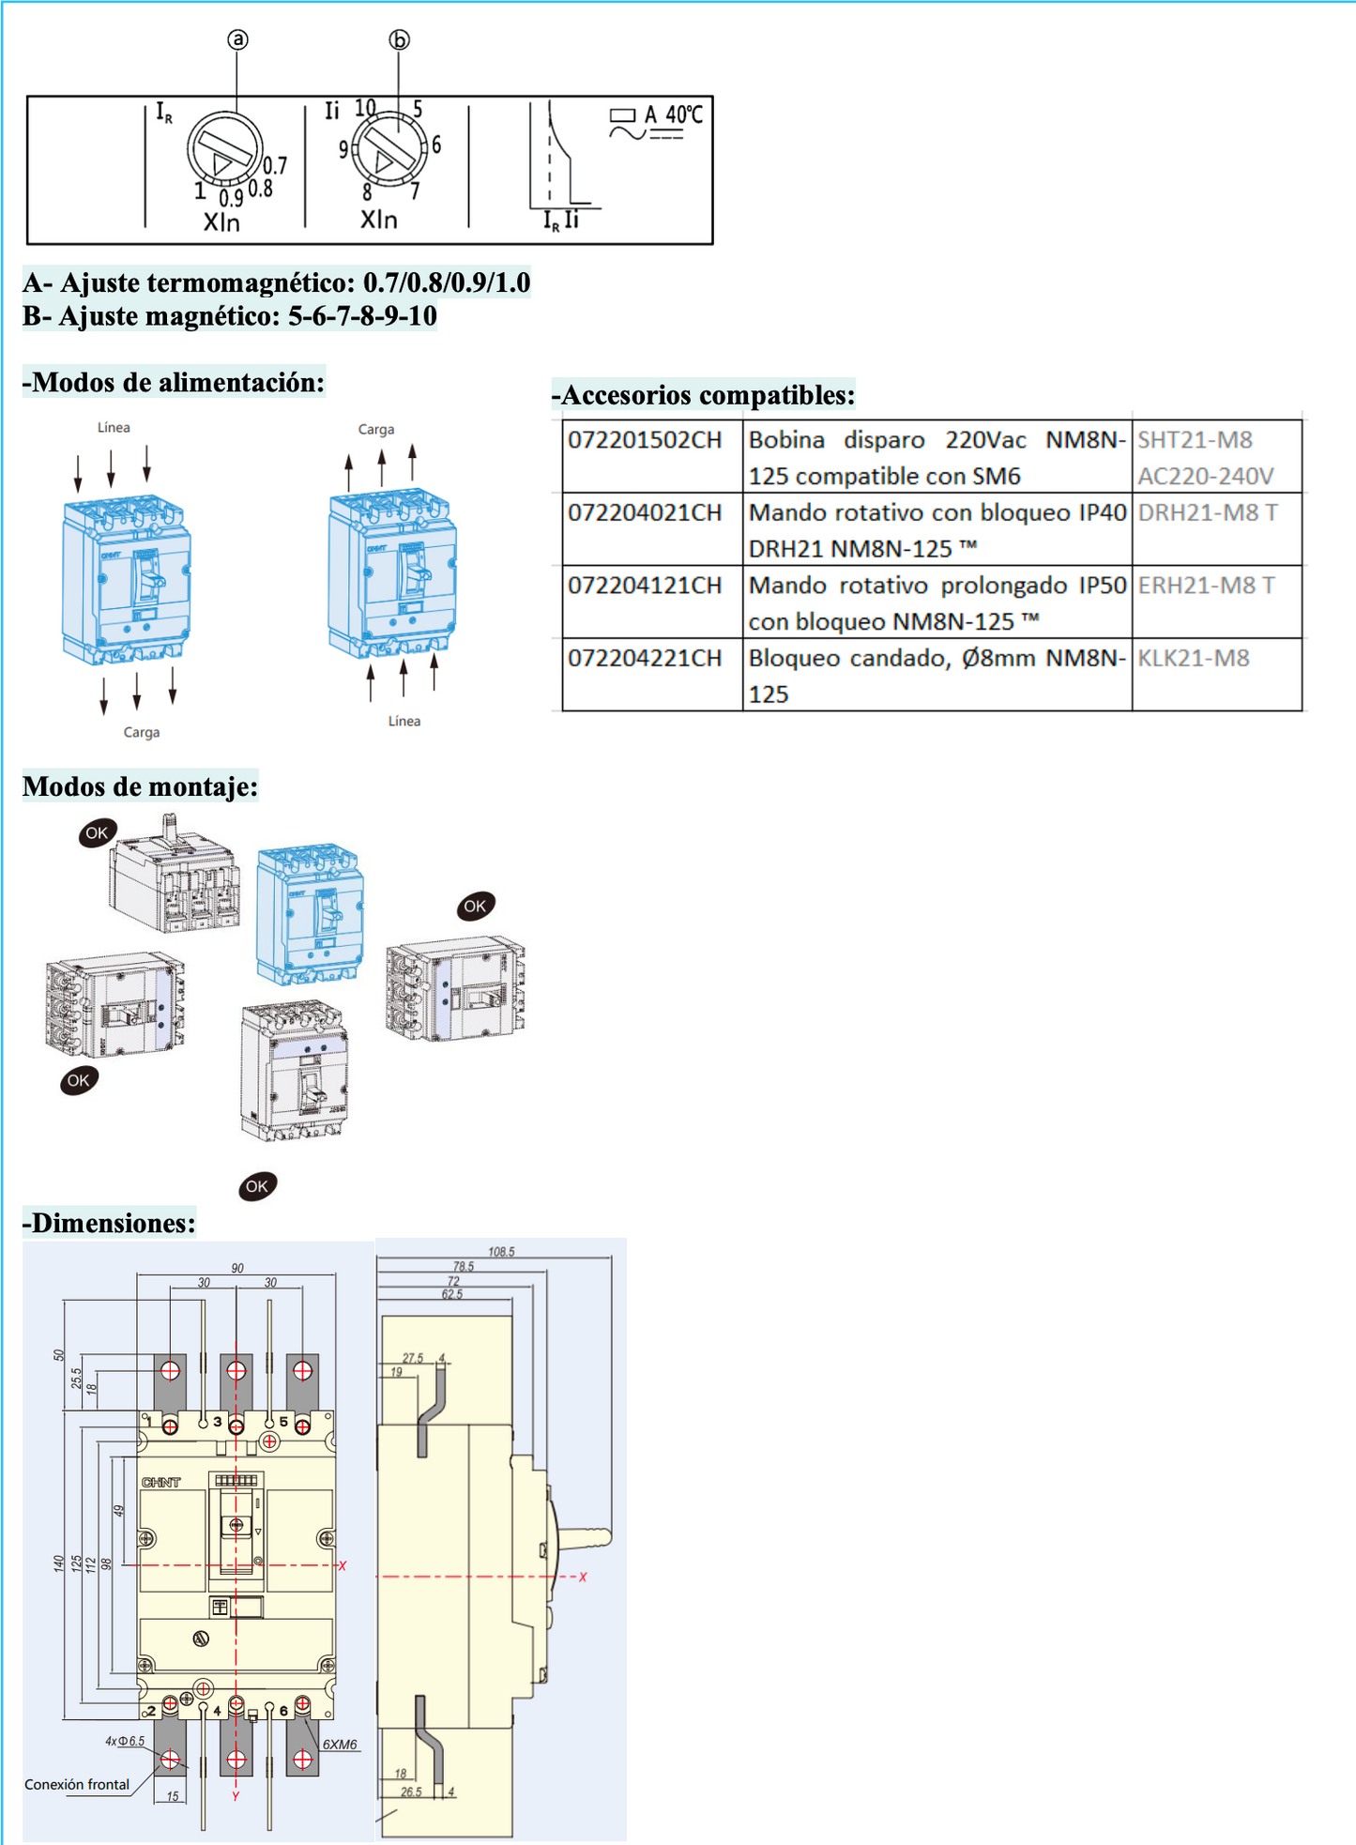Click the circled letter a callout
[x=237, y=39]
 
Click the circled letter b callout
[x=400, y=40]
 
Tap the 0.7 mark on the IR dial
[x=275, y=166]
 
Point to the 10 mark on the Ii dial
[x=365, y=109]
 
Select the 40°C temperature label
[x=684, y=114]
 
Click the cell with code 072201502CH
[x=645, y=440]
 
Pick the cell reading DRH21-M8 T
[x=1207, y=513]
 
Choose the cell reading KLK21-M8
[x=1194, y=659]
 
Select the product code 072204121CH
[x=645, y=586]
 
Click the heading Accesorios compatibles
[x=704, y=395]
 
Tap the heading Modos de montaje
[x=140, y=786]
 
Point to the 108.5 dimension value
[x=501, y=1252]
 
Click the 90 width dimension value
[x=237, y=1268]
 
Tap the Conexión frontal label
[x=77, y=1784]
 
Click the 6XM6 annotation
[x=340, y=1745]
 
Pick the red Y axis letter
[x=236, y=1795]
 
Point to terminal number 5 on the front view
[x=283, y=1422]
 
